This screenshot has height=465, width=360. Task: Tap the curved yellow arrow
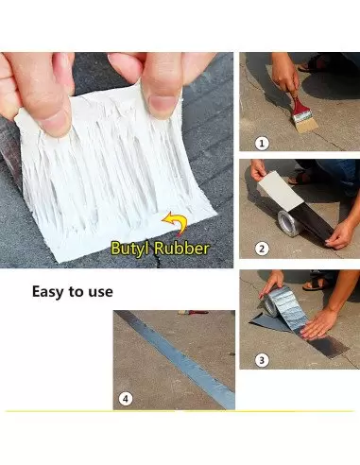[x=175, y=222]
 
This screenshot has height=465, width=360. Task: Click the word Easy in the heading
[x=48, y=292]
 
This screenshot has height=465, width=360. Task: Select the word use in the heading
[x=100, y=292]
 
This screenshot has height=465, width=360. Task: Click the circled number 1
[x=262, y=144]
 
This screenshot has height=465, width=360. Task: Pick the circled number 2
[x=262, y=249]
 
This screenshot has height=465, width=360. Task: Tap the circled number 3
[x=262, y=359]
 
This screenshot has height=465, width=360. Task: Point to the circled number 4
[x=126, y=399]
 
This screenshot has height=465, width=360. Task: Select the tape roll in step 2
[x=288, y=223]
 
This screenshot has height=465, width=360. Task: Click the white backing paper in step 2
[x=281, y=191]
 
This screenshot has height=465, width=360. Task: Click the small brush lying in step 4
[x=193, y=313]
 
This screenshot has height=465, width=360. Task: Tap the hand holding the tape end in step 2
[x=339, y=234]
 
